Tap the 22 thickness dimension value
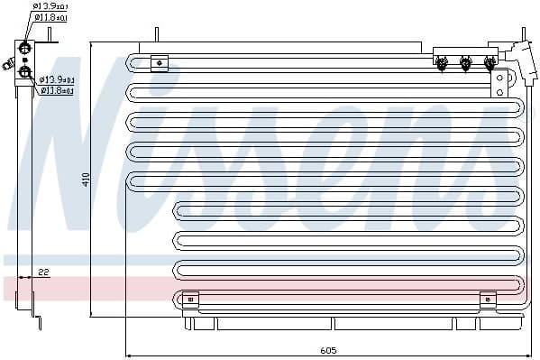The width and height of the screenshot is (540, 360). pos(43,272)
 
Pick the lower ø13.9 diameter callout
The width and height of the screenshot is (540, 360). pos(57,80)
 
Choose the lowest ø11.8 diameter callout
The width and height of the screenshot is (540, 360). pos(57,90)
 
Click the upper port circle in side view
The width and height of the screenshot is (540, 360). pos(25,48)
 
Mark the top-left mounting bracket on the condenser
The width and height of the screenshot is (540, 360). pos(159,62)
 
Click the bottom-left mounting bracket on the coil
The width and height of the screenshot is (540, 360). pos(190,299)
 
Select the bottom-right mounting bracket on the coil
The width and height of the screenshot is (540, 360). pos(488,299)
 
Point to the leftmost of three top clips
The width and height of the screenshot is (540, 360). pos(442,63)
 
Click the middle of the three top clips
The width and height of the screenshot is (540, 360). pos(465,63)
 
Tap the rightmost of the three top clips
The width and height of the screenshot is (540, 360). pos(490,63)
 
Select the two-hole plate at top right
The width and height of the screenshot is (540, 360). pos(498,84)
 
